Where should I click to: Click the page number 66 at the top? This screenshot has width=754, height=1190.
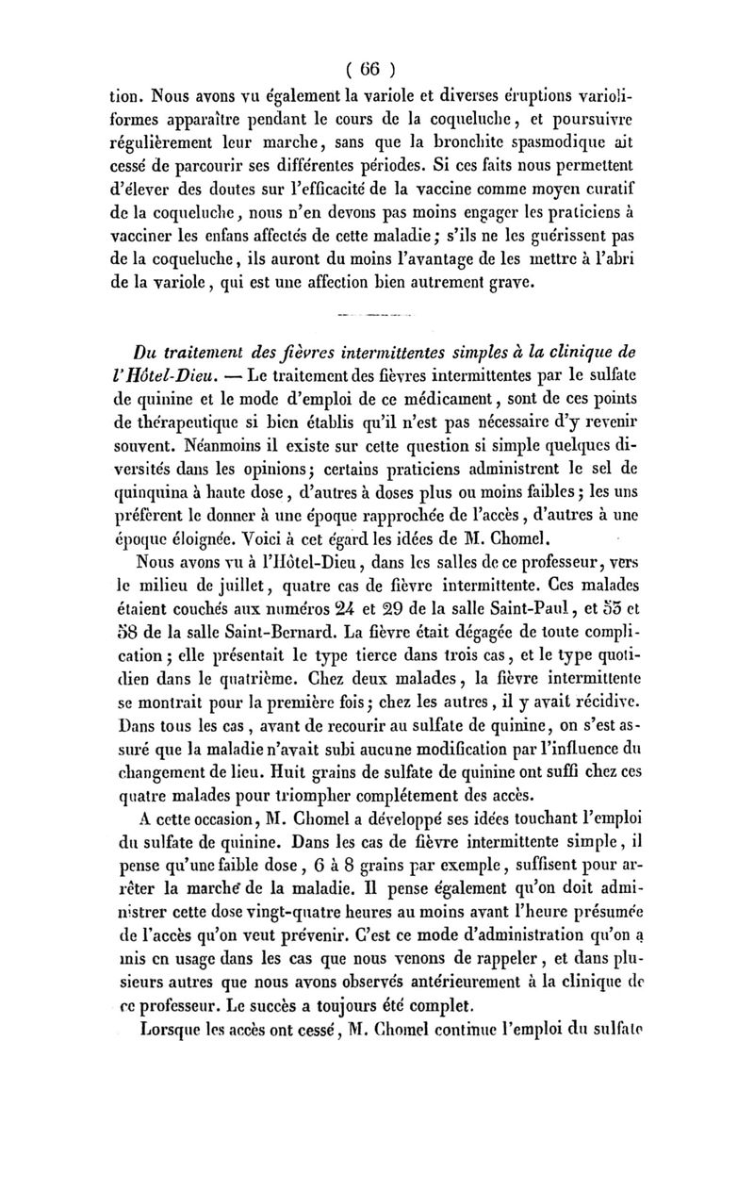tap(374, 68)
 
